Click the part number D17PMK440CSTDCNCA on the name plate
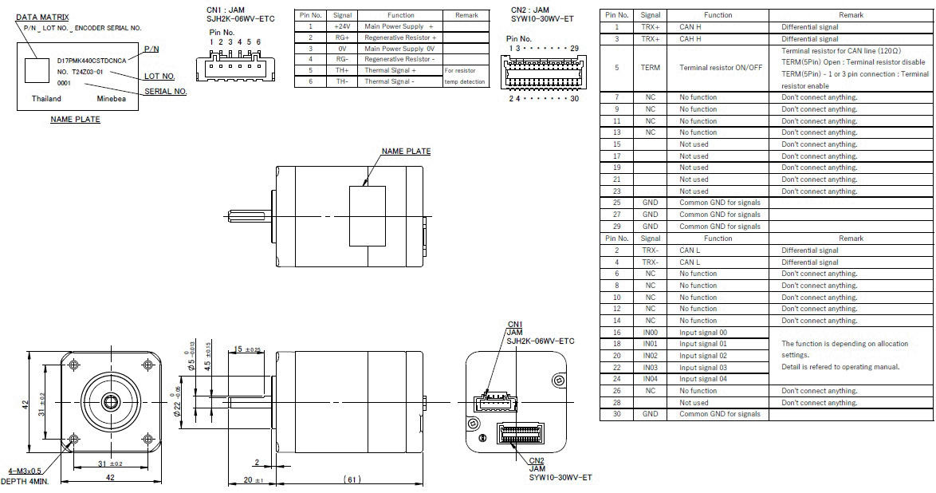point(90,60)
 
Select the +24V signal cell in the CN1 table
point(342,26)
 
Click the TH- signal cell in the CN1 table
point(342,81)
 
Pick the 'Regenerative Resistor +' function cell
point(400,37)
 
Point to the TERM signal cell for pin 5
point(650,68)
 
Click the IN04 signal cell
point(650,379)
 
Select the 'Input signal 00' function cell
point(703,333)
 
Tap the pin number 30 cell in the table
point(616,414)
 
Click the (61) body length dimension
point(352,479)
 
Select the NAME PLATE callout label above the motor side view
point(406,151)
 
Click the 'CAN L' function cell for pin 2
point(690,250)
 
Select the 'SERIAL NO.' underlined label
point(166,92)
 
